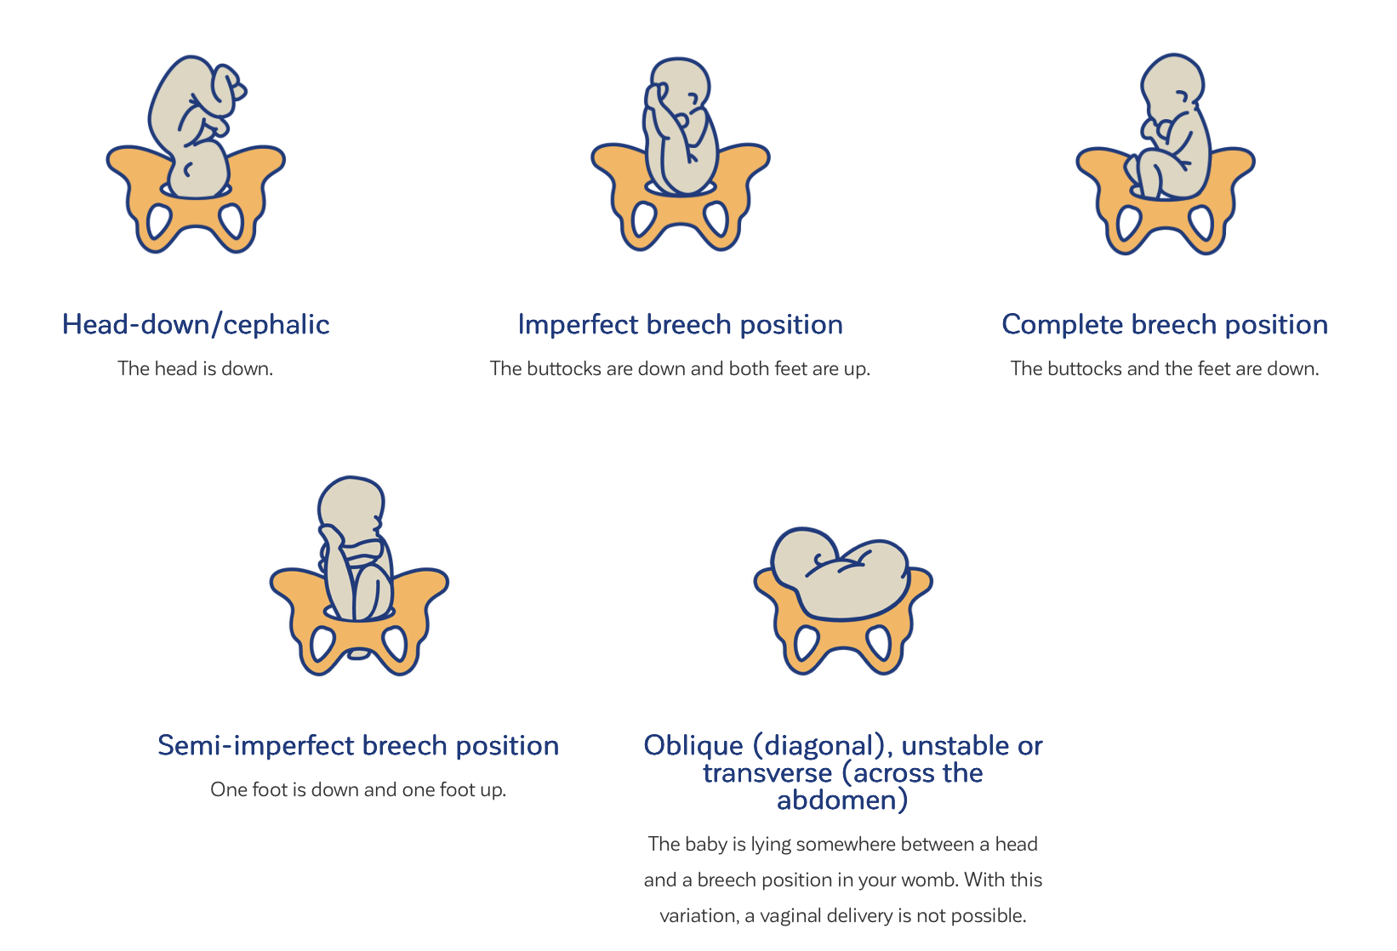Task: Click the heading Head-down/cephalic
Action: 195,324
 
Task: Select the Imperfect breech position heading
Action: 681,325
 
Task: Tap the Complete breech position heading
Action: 1165,325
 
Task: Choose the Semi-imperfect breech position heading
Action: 358,746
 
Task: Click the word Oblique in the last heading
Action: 693,746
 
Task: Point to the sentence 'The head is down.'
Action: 195,368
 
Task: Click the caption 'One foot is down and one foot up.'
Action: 358,789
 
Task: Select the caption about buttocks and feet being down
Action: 1165,368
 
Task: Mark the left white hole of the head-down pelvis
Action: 158,221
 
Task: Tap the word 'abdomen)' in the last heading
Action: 842,800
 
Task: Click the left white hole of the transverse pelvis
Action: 806,642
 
